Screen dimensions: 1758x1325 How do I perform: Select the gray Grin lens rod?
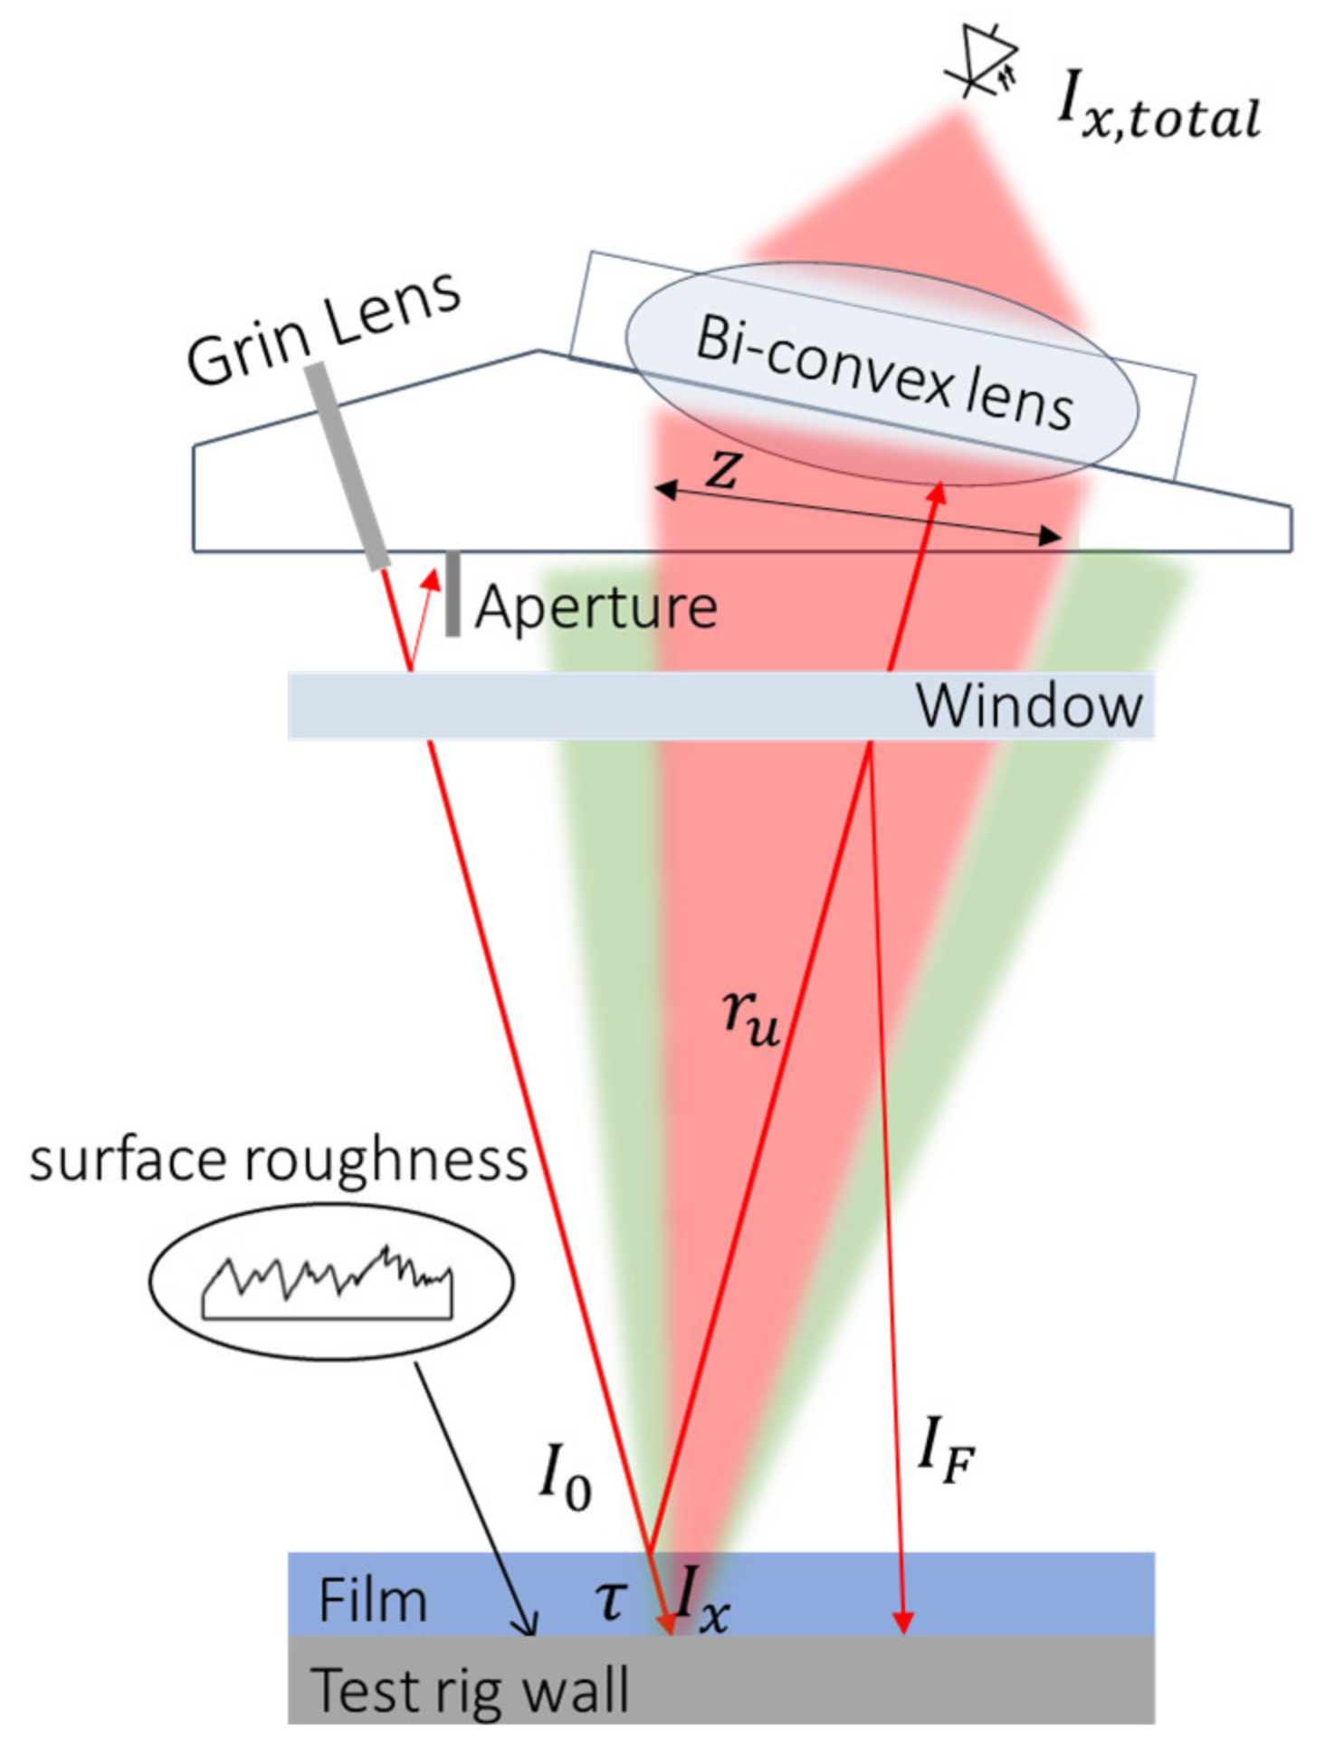(347, 465)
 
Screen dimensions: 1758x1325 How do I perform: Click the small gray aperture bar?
(453, 594)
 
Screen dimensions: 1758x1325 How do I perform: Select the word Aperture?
(596, 607)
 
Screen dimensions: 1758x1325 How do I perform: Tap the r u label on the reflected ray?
(750, 1017)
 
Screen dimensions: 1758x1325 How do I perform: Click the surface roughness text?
(278, 1160)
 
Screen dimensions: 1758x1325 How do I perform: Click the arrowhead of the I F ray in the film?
(902, 1622)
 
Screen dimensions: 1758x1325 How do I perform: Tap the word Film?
(372, 1600)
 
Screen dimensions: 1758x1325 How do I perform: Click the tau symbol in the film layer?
(612, 1600)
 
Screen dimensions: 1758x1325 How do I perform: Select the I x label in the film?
(701, 1599)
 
